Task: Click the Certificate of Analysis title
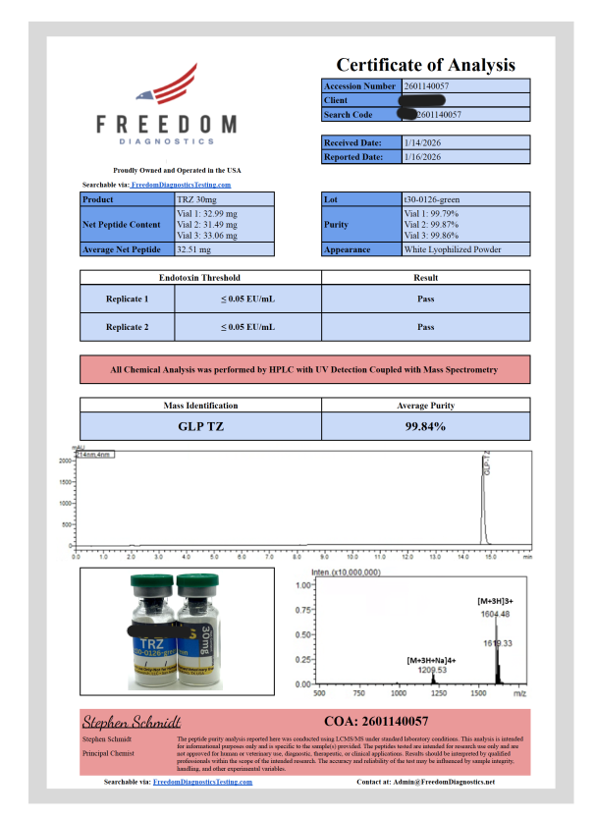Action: point(425,65)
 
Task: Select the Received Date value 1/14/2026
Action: point(422,143)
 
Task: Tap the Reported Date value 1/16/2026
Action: point(422,157)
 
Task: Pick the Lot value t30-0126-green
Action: point(433,199)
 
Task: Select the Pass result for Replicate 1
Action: point(425,299)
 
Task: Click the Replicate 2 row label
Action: point(128,326)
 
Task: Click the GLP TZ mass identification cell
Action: point(199,426)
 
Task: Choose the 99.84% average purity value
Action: point(425,426)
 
